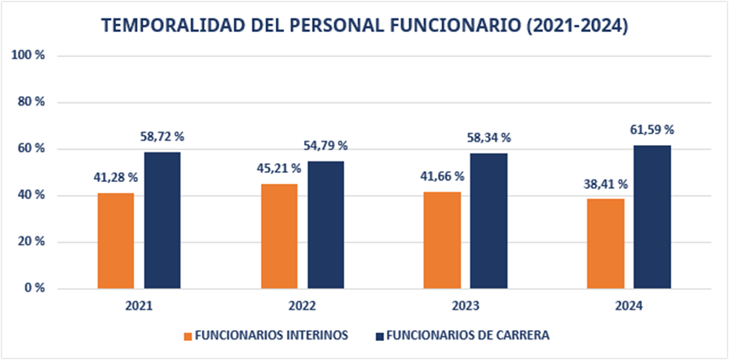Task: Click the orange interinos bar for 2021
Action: tap(115, 241)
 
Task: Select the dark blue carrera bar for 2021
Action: tap(162, 221)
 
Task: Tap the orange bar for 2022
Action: tap(279, 236)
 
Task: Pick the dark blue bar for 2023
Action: tap(489, 221)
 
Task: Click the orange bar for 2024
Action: tap(605, 244)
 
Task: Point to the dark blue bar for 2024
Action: tap(652, 217)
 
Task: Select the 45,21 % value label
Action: tap(279, 168)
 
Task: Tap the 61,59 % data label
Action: tap(652, 129)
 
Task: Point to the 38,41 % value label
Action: tap(605, 185)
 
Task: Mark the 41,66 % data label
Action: tap(442, 176)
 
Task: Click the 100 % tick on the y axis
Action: tap(29, 55)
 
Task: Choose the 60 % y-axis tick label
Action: tap(31, 148)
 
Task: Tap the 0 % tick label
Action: tap(34, 288)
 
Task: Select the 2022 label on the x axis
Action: tap(302, 306)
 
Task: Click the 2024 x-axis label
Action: tap(629, 306)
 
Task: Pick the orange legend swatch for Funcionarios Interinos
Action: tap(188, 336)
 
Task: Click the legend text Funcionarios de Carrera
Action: tap(467, 335)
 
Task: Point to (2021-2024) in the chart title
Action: tap(576, 26)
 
